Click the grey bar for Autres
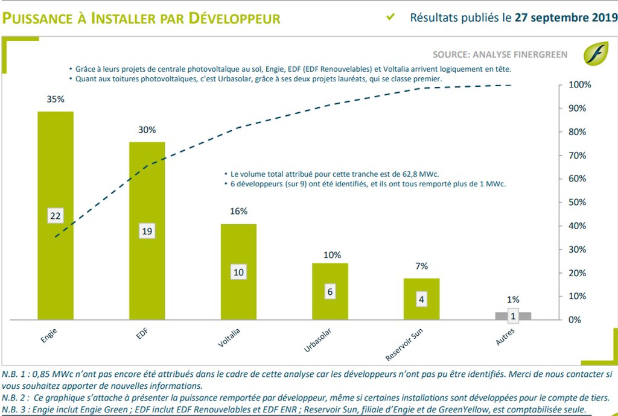pos(513,315)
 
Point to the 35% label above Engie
pos(56,99)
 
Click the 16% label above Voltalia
pos(238,211)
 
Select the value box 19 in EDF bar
pos(147,230)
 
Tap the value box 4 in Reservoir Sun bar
pos(421,298)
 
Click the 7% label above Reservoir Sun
pos(421,266)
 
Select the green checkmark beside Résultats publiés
pos(390,17)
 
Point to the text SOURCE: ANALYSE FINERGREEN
pos(500,55)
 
